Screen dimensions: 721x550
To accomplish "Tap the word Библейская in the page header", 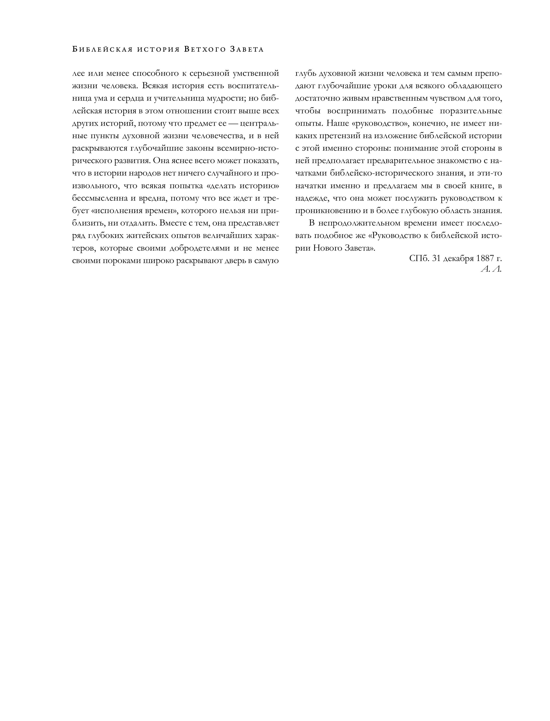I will click(x=102, y=50).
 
